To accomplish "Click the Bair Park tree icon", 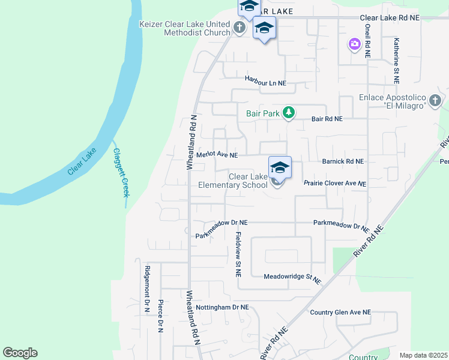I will (289, 112).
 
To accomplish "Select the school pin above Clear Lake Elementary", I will (280, 167).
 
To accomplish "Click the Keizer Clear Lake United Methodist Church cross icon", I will (239, 27).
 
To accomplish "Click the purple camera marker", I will (354, 44).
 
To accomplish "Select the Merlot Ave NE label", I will (217, 155).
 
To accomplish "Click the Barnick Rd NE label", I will (343, 161).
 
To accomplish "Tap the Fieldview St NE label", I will (238, 254).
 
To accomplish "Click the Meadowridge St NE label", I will (293, 277).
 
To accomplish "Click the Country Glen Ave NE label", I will (340, 313).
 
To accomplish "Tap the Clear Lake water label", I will (82, 162).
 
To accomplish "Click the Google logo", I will (20, 353).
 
